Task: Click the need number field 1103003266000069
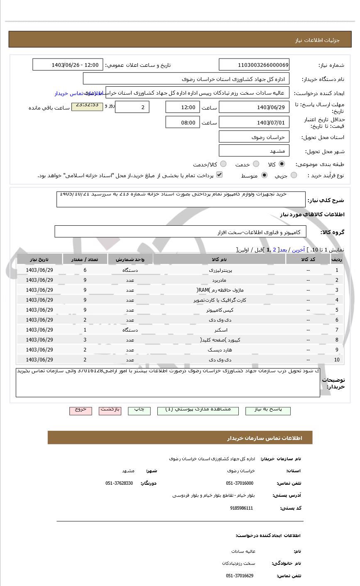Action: tap(254, 65)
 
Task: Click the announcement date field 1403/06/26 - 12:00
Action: tap(67, 65)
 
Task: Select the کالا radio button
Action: tap(282, 164)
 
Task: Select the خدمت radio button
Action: tap(256, 164)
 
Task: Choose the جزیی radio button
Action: tap(294, 176)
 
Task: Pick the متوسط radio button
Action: tap(264, 176)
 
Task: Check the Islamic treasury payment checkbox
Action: tap(219, 175)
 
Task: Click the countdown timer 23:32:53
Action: tap(87, 106)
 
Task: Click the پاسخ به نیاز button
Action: tap(268, 410)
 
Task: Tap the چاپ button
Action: tap(139, 410)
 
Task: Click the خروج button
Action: tap(80, 410)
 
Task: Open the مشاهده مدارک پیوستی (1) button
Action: tap(198, 410)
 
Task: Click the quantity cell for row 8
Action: tap(85, 340)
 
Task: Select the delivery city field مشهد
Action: tap(254, 151)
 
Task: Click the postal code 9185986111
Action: tap(241, 508)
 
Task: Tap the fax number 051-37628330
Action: tap(119, 483)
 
